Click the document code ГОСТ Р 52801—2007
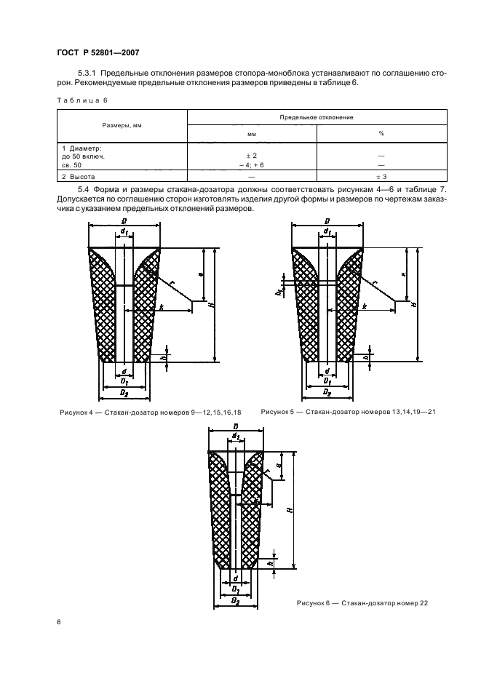pos(98,52)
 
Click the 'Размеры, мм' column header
pos(122,125)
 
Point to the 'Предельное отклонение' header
pos(317,116)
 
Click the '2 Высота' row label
pos(79,177)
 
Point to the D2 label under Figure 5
pos(327,393)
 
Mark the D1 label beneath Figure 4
pos(124,381)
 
